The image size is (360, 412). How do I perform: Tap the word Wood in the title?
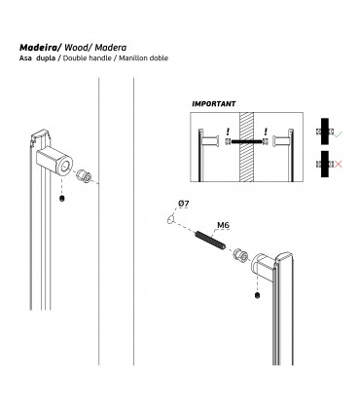coord(75,48)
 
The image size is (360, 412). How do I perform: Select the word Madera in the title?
coord(111,48)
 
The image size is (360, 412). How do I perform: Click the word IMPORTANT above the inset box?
coord(214,104)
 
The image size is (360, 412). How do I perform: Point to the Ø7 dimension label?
coord(183,204)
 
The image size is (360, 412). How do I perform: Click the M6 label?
coord(223,225)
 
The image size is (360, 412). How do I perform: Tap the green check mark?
coord(339,133)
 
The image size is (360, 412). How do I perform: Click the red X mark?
coord(338,165)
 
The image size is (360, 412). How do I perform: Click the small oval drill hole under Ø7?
coord(170,219)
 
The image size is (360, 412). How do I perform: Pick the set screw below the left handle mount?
coord(62,199)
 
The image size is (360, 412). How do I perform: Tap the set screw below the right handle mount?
coord(257,296)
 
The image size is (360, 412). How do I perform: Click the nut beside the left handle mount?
coord(84,175)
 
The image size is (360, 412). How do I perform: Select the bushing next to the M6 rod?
coord(240,255)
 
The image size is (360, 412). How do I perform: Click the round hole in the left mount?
coord(65,166)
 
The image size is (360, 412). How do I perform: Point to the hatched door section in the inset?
coord(246,147)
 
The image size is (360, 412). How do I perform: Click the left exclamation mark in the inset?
coord(228,131)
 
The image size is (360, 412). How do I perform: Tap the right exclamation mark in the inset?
coord(266,131)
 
